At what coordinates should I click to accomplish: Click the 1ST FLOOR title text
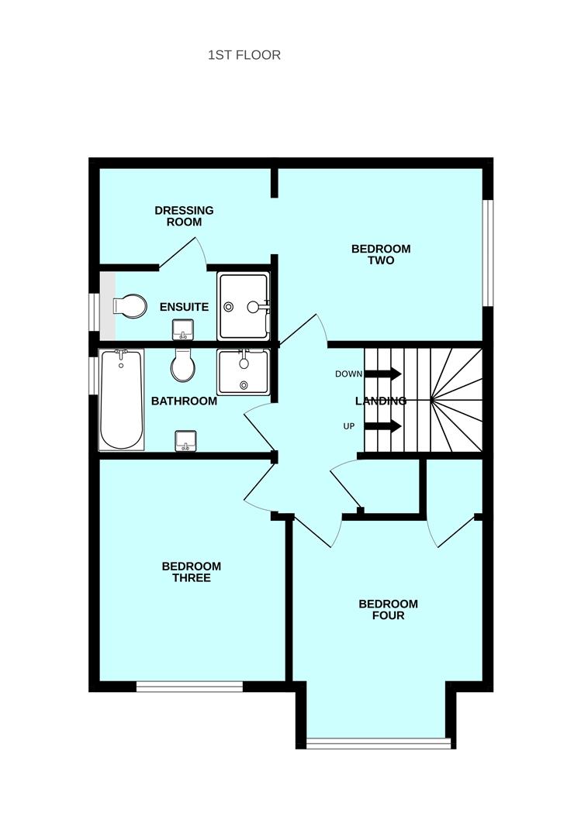tap(244, 55)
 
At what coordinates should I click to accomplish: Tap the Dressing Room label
tap(184, 216)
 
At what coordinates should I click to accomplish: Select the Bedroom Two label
tap(381, 255)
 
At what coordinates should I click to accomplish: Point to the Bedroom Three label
tap(191, 572)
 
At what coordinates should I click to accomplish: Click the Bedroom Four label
tap(388, 610)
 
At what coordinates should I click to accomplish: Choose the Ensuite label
tap(184, 307)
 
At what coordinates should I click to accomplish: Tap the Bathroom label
tap(184, 401)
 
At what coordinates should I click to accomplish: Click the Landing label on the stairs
tap(381, 401)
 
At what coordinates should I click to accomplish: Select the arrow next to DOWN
tap(383, 374)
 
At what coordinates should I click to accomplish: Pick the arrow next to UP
tap(383, 425)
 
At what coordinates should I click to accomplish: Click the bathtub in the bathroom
tap(121, 399)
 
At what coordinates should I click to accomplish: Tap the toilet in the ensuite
tap(130, 305)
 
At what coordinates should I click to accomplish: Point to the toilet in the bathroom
tap(184, 366)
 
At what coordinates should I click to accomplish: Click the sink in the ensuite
tap(183, 329)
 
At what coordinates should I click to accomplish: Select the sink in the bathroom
tap(185, 440)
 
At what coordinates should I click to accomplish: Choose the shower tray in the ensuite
tap(244, 305)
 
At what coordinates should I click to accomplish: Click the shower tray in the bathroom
tap(244, 372)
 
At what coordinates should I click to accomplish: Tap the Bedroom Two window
tap(488, 253)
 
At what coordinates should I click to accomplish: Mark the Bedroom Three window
tap(190, 686)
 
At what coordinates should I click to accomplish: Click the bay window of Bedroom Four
tap(378, 744)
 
